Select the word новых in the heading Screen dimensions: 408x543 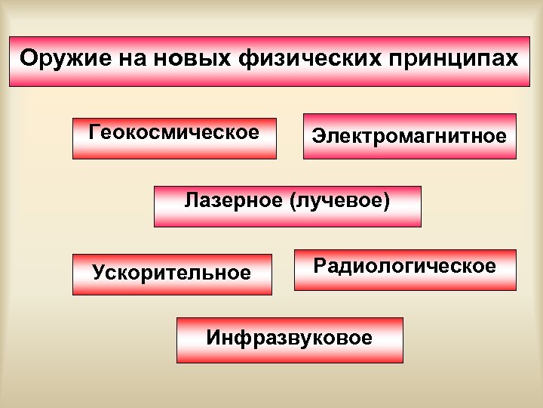point(194,58)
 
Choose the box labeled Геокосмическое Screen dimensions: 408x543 point(174,148)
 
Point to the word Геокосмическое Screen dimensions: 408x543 point(174,132)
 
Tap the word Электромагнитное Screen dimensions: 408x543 point(410,137)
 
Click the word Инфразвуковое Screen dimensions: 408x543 point(290,337)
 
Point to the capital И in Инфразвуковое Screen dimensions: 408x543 point(213,337)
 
